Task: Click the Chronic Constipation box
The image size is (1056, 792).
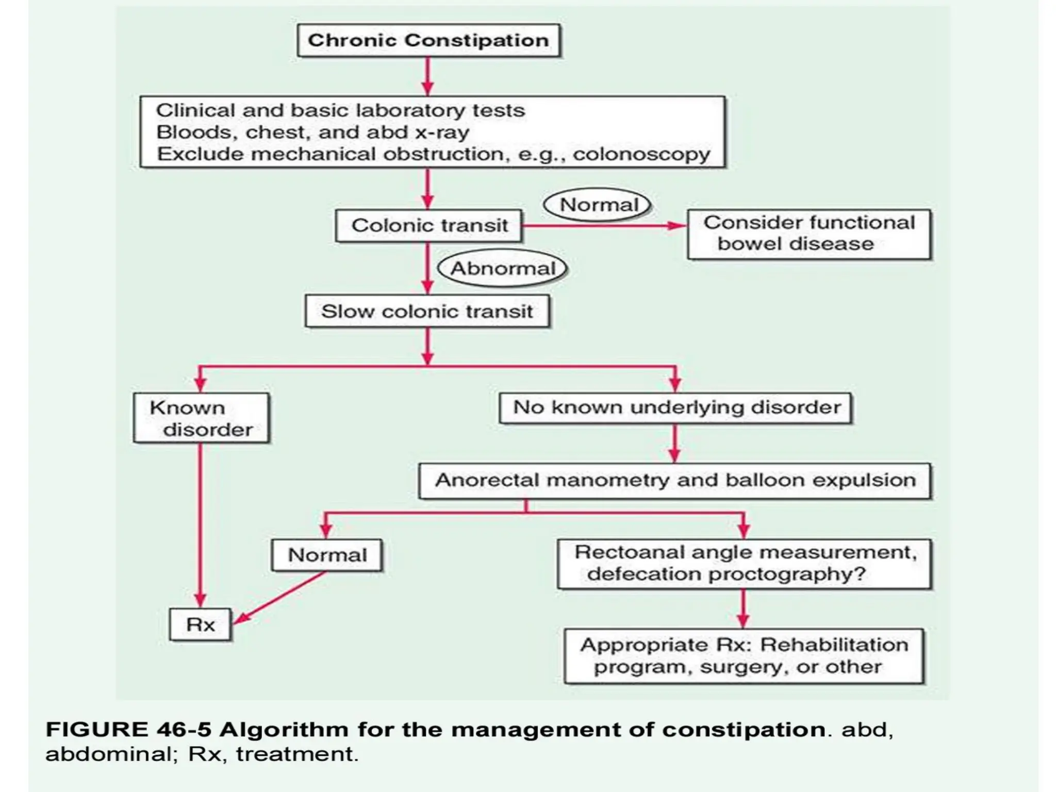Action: click(x=428, y=40)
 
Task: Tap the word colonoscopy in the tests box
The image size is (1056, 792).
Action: click(x=641, y=154)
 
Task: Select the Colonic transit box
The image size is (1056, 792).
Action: click(x=428, y=225)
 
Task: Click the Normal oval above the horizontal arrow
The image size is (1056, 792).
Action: click(x=598, y=205)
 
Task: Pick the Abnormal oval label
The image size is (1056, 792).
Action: click(x=502, y=269)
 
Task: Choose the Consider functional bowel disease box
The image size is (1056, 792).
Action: click(x=808, y=234)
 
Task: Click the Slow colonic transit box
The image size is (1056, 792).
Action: click(x=427, y=311)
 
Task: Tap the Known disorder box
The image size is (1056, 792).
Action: click(x=201, y=418)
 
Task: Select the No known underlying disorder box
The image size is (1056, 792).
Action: click(x=675, y=408)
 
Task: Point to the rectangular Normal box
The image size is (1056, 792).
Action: click(x=327, y=555)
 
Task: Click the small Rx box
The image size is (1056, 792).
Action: click(x=200, y=625)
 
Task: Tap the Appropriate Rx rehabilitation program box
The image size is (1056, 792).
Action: click(x=744, y=656)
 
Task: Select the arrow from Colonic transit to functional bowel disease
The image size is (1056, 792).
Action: click(x=603, y=226)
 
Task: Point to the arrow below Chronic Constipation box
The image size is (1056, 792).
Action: click(x=427, y=76)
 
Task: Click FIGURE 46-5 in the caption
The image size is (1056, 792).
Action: click(x=128, y=730)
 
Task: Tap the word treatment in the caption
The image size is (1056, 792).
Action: click(x=295, y=754)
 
